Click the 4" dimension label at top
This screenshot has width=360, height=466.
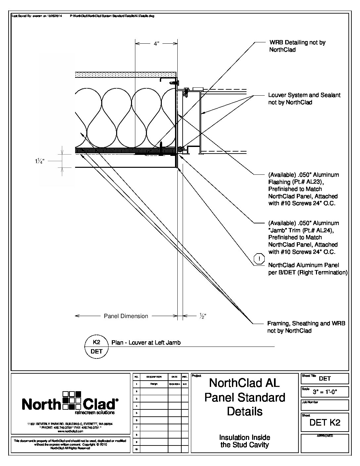(157, 44)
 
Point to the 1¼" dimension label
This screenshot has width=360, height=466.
(39, 161)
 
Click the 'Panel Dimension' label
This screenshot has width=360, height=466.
(126, 316)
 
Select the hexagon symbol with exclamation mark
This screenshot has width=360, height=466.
(259, 259)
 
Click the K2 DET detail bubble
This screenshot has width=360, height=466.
(97, 347)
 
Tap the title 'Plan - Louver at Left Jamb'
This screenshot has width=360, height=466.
(146, 343)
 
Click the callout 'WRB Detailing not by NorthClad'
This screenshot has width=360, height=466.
(297, 46)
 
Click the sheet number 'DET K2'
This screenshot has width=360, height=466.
(325, 423)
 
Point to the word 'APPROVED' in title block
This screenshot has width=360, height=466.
(325, 436)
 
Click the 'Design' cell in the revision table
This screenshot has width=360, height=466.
(154, 384)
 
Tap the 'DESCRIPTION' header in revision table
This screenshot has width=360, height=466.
(154, 377)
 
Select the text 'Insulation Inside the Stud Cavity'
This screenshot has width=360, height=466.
(245, 441)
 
